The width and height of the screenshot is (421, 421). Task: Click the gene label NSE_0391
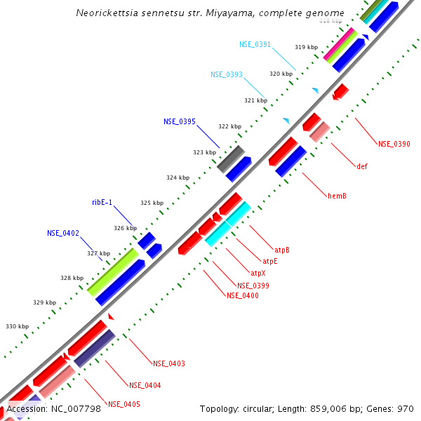click(255, 44)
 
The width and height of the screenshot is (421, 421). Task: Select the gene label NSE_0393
click(227, 74)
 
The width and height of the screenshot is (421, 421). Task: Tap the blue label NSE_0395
click(180, 121)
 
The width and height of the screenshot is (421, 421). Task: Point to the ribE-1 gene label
click(102, 202)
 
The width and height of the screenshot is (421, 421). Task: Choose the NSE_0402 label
click(63, 233)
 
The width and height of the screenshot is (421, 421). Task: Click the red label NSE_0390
click(394, 144)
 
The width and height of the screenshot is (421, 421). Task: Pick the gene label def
click(362, 166)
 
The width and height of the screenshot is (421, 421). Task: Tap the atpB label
click(282, 250)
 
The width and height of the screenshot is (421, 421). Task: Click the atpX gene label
click(258, 273)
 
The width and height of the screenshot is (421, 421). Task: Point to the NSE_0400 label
click(242, 295)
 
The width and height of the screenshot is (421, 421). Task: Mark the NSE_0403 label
click(169, 363)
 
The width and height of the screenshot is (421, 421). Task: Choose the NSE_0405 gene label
click(124, 404)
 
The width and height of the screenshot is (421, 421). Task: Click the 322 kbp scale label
click(229, 127)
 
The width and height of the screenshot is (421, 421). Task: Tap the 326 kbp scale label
click(126, 228)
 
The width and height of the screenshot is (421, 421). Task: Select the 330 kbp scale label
click(18, 326)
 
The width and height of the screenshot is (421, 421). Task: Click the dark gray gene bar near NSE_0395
click(230, 159)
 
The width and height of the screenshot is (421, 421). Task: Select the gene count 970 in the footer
click(405, 408)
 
